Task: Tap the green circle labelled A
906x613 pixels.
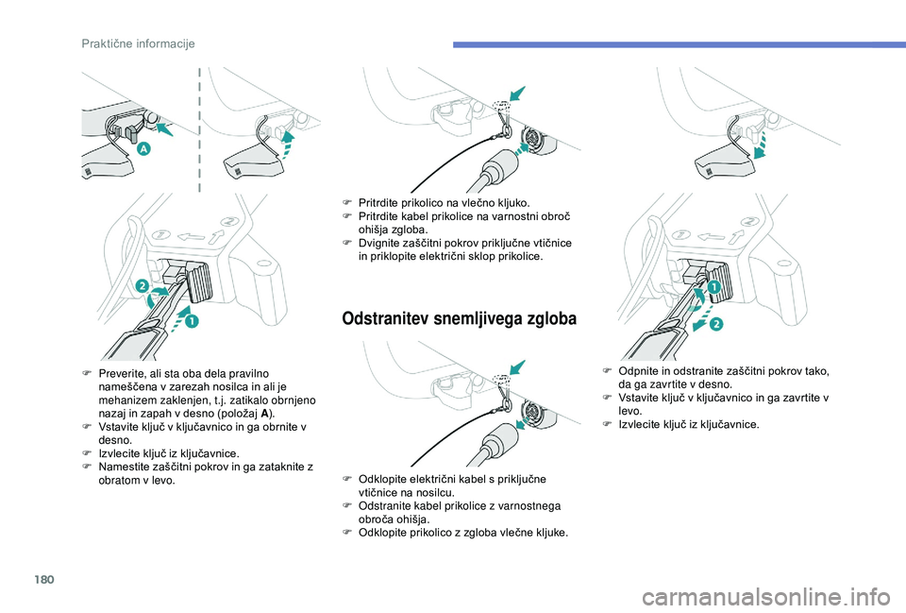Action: [x=143, y=149]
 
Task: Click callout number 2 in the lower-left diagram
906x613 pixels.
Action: [x=142, y=285]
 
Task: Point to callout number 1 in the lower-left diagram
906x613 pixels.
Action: [x=193, y=322]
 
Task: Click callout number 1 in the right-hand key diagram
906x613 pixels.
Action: [x=713, y=285]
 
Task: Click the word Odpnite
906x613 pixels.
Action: [x=639, y=371]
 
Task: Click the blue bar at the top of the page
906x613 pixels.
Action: [x=677, y=43]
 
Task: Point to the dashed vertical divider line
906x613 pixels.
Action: [x=199, y=127]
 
